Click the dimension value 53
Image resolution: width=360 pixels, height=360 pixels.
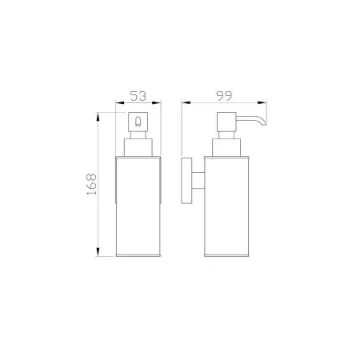tap(138, 96)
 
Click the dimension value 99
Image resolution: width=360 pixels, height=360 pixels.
tap(224, 96)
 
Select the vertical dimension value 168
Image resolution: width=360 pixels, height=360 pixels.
tap(91, 184)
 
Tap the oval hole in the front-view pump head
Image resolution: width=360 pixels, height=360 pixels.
tap(138, 122)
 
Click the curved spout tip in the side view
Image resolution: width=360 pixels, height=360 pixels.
tap(263, 122)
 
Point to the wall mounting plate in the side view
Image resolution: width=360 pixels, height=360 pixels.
tap(186, 181)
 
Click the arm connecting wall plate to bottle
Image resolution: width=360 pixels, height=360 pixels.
tap(198, 181)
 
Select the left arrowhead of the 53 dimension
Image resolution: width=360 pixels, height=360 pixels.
tap(120, 102)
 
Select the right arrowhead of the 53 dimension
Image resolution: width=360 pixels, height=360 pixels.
tap(157, 102)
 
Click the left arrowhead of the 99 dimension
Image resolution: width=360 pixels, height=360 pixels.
tap(186, 102)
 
